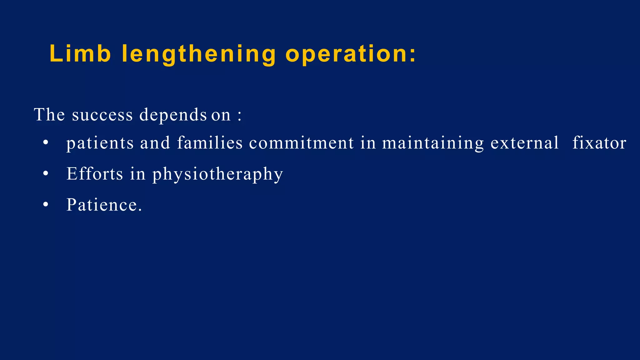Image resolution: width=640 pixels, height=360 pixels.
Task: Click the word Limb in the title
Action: pos(80,54)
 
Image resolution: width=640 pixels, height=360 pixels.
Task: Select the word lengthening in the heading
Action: pos(198,54)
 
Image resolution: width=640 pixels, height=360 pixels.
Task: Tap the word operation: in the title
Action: pos(351,54)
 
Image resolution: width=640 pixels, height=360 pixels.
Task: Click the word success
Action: pos(102,115)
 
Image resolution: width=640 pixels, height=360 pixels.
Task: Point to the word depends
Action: pos(173,115)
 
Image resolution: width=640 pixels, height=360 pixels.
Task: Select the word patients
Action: pos(100,143)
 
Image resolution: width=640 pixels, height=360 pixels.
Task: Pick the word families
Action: pos(210,143)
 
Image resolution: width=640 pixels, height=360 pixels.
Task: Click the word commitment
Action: pos(301,143)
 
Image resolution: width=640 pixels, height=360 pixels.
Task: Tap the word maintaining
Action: pos(433,143)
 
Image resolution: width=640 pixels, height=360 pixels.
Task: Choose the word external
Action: pos(524,143)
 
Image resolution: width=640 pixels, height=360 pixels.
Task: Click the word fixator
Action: pos(599,143)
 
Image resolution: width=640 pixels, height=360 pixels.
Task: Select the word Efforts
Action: pos(95,174)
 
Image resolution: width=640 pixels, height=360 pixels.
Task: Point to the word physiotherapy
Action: pos(217,174)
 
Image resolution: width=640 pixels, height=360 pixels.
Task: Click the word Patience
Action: pos(104,205)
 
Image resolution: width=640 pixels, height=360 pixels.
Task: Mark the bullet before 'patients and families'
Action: pos(46,143)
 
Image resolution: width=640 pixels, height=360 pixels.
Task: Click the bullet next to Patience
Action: pos(46,205)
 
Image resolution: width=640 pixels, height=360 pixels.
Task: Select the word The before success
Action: pos(49,115)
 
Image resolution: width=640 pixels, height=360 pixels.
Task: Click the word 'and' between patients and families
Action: pos(155,143)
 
